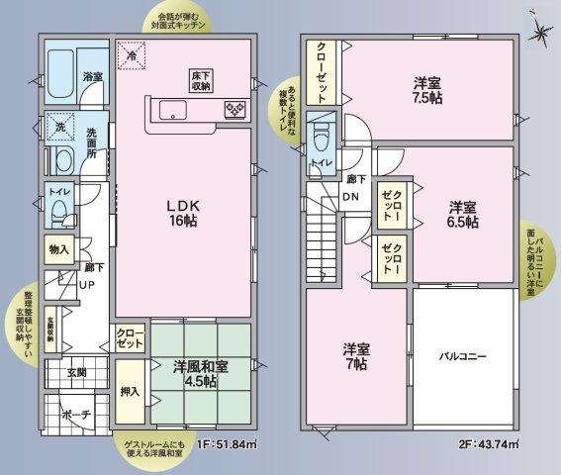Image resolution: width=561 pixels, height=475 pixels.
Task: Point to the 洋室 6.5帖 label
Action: (462, 215)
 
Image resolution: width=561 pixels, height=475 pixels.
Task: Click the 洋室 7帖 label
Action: (357, 356)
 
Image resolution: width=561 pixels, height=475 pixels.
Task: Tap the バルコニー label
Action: (462, 356)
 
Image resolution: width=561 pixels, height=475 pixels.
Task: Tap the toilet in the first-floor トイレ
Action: (59, 211)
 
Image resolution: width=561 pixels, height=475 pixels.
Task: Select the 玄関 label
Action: (77, 372)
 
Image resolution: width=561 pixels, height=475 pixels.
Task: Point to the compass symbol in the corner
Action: (540, 31)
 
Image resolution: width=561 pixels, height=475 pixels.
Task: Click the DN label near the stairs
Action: (350, 195)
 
